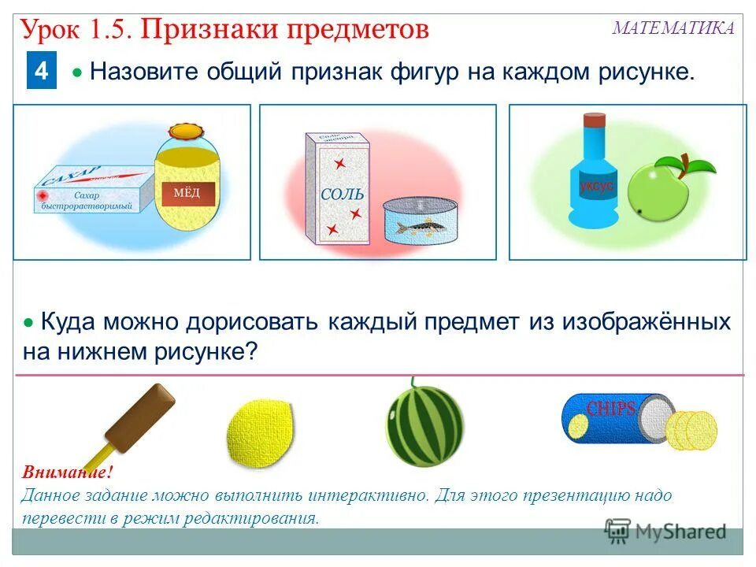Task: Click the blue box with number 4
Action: (x=41, y=72)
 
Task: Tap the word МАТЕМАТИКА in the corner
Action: (x=673, y=28)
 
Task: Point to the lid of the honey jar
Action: (x=186, y=132)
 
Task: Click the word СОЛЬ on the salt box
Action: (x=342, y=193)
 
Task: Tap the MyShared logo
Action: (x=665, y=532)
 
